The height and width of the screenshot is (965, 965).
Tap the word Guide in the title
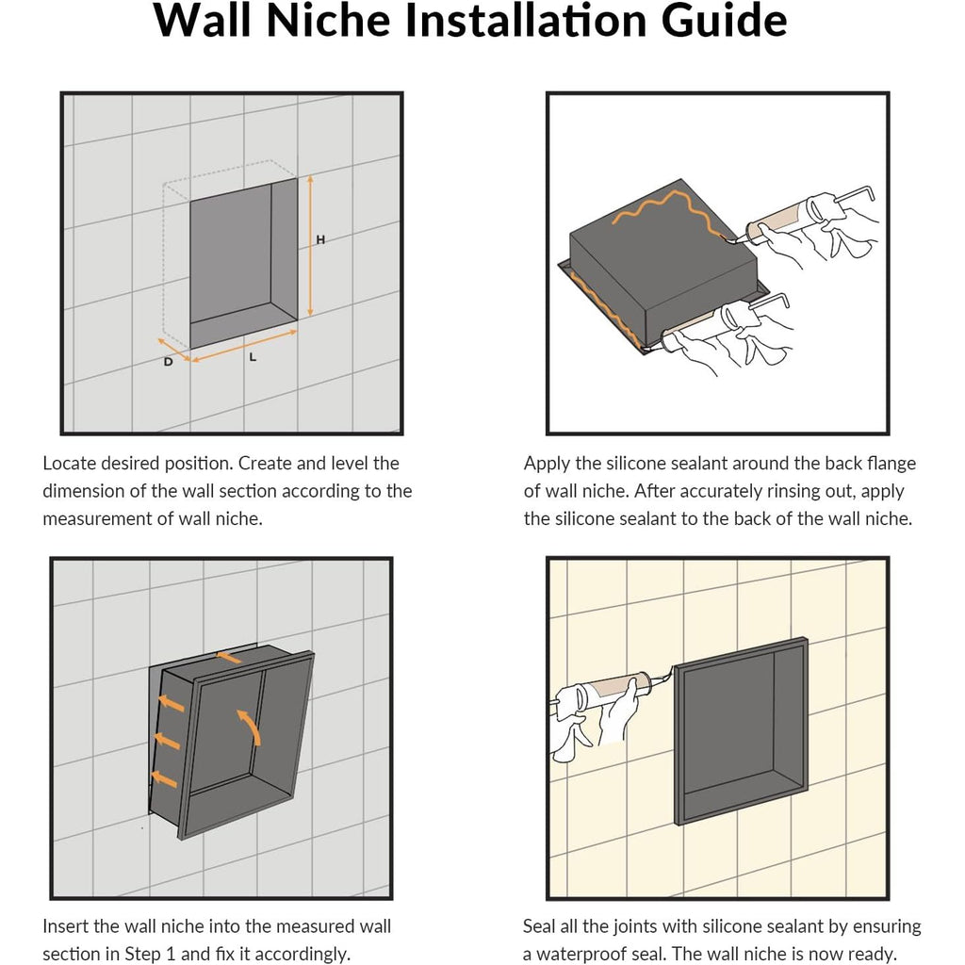click(x=724, y=21)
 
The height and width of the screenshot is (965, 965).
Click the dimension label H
click(x=320, y=240)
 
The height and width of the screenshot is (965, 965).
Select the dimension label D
click(x=168, y=362)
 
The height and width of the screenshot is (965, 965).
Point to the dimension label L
click(x=253, y=357)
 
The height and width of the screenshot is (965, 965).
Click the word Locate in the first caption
click(x=71, y=464)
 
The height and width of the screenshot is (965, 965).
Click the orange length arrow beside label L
click(x=244, y=345)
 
